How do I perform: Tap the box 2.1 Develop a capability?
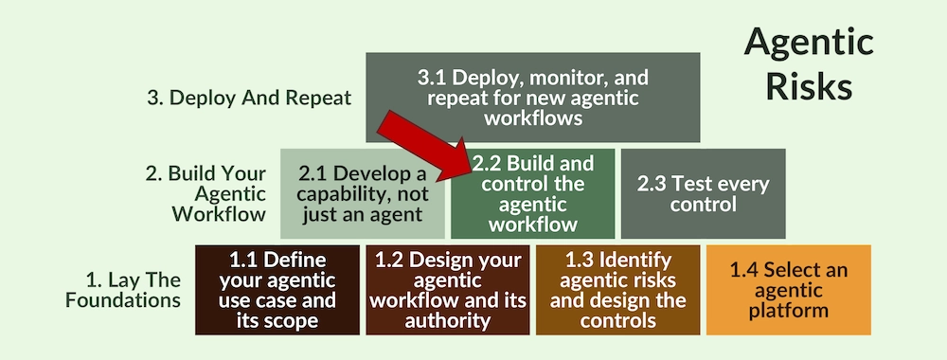[x=362, y=193]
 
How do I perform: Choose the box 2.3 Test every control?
[x=703, y=193]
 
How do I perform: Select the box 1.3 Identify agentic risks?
[x=617, y=289]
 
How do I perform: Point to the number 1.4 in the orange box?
[x=746, y=269]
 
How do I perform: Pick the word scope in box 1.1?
[x=294, y=320]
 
